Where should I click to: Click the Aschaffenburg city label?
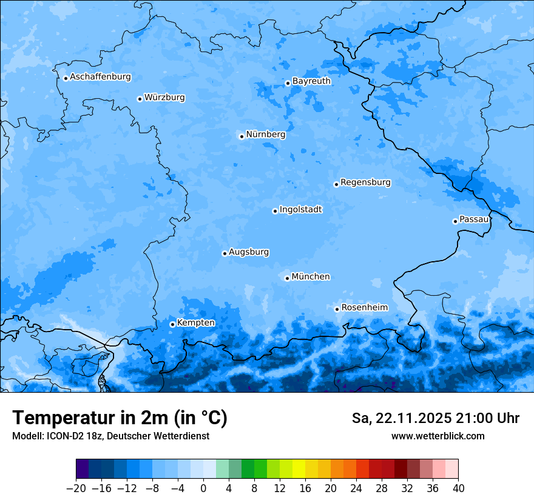pos(100,77)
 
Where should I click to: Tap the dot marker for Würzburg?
pos(140,99)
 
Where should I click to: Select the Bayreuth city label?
pos(311,81)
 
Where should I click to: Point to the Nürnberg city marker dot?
pos(242,136)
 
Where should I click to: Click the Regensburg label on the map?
pos(365,182)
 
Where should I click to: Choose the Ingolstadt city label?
pos(300,209)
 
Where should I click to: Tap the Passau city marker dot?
pos(455,221)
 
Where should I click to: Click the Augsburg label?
pos(249,252)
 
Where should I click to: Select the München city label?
pos(311,276)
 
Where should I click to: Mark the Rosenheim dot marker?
pos(337,309)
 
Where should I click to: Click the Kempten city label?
pos(195,322)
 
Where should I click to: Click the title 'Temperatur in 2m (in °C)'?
pos(120,418)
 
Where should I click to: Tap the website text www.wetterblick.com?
pos(438,436)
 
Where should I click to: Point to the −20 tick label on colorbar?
pos(76,488)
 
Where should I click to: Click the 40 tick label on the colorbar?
pos(458,488)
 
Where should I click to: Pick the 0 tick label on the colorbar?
pos(203,488)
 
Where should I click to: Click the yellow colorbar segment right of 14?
pos(299,469)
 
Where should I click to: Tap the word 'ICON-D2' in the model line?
pos(60,436)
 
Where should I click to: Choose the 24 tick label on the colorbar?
pos(356,488)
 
